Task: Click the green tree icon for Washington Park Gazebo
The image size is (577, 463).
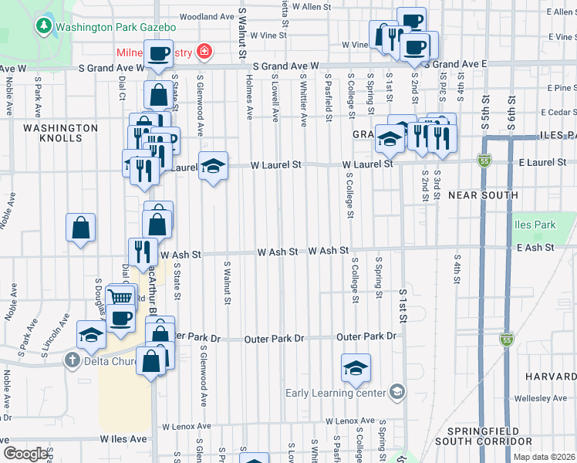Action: click(x=43, y=26)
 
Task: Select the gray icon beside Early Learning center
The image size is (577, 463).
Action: click(x=396, y=393)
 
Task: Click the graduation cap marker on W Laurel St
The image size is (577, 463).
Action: click(x=214, y=166)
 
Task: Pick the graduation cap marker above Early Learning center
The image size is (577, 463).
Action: click(x=356, y=368)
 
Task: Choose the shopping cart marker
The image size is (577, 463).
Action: click(x=120, y=298)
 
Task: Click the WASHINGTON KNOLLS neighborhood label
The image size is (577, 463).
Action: click(x=60, y=133)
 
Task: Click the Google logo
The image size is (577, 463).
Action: click(x=25, y=453)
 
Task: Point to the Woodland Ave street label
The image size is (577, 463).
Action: click(x=206, y=16)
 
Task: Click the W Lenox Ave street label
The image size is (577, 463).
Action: click(x=349, y=421)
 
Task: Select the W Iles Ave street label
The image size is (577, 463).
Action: click(x=123, y=439)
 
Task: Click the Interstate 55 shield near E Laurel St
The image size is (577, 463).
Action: click(x=484, y=161)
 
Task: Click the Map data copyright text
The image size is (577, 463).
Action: click(x=544, y=456)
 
